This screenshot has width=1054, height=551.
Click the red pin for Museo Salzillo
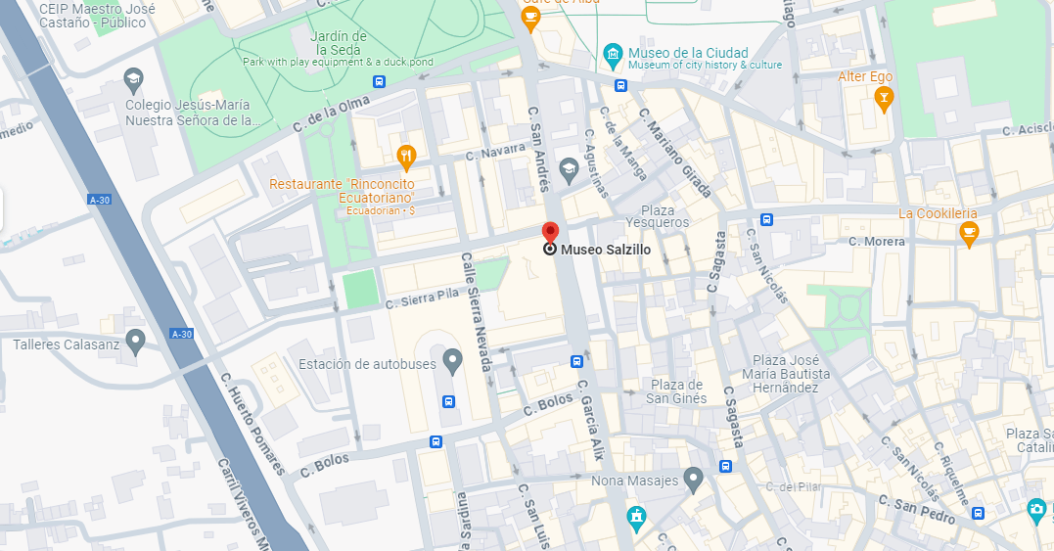click(550, 233)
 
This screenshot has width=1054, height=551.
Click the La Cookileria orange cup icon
click(969, 232)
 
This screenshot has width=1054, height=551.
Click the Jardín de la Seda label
click(338, 43)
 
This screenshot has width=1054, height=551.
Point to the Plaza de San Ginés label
click(676, 391)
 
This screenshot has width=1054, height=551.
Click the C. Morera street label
click(878, 241)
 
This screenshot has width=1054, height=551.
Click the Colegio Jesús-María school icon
click(133, 78)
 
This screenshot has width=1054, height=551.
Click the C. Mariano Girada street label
click(675, 153)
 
